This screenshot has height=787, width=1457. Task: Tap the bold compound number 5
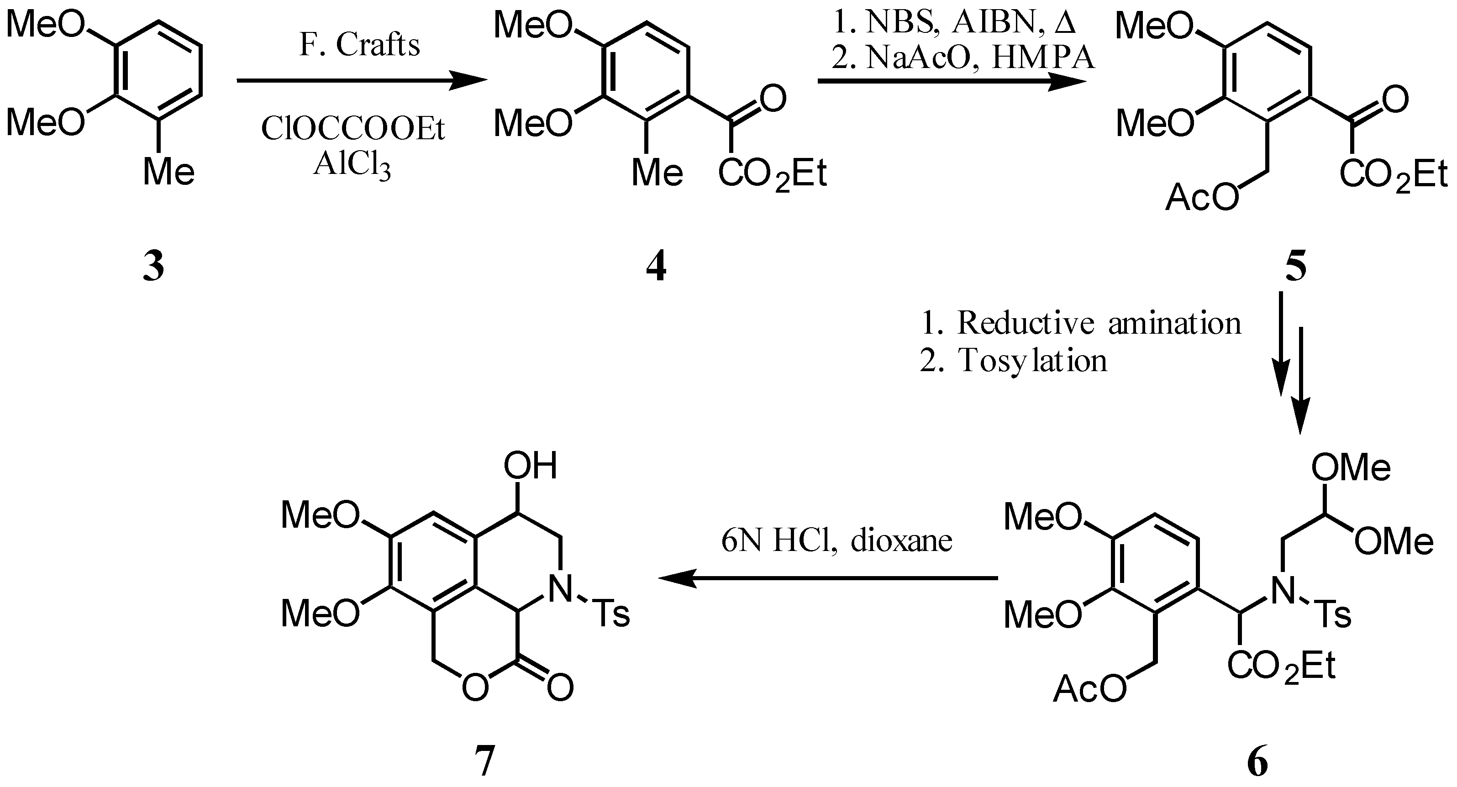(x=1296, y=268)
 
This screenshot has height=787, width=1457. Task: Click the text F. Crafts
(x=360, y=45)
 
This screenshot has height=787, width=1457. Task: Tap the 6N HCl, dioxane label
(x=836, y=541)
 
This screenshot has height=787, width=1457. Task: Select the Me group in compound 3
(x=168, y=171)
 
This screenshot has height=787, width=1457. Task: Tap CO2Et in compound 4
(x=773, y=173)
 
